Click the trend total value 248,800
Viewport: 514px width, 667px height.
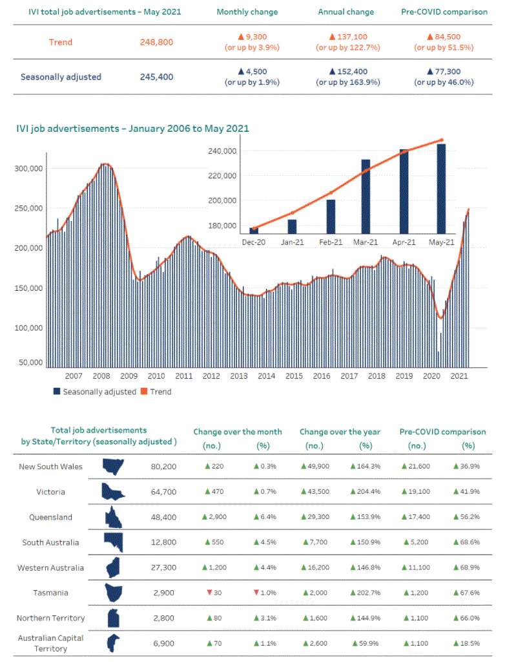(x=156, y=43)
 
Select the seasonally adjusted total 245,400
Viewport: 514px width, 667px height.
(x=156, y=77)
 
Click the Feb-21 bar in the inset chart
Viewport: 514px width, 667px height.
(x=331, y=217)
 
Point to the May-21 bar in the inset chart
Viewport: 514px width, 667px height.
(x=441, y=188)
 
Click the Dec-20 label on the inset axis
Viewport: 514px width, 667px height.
(x=253, y=242)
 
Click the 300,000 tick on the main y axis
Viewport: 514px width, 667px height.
(x=28, y=169)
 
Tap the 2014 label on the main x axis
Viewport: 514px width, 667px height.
(x=266, y=376)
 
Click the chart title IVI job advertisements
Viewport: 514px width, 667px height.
(x=132, y=129)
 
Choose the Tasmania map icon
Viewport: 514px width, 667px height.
(x=114, y=593)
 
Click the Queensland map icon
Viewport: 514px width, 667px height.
(x=114, y=517)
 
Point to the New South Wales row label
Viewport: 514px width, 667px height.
(x=50, y=467)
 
